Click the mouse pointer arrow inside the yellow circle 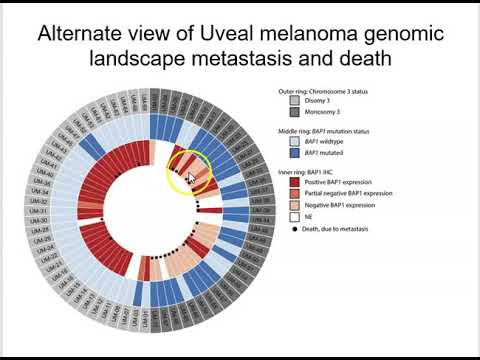point(191,177)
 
